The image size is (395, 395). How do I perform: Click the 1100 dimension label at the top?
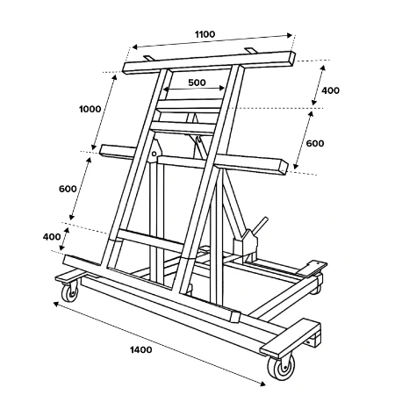click(x=205, y=34)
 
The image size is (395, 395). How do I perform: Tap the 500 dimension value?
click(x=197, y=83)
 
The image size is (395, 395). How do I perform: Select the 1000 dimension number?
click(x=90, y=109)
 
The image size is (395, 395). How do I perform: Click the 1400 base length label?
click(x=141, y=349)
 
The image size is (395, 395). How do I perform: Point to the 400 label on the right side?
click(x=331, y=90)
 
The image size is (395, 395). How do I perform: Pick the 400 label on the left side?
click(x=52, y=237)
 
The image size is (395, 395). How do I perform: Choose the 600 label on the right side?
click(x=315, y=143)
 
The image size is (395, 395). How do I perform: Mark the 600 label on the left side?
click(x=68, y=189)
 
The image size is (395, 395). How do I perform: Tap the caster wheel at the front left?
click(x=70, y=293)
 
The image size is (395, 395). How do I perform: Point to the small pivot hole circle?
click(x=154, y=154)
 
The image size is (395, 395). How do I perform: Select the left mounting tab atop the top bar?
click(x=148, y=58)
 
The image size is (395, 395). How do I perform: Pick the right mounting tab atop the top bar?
click(x=251, y=50)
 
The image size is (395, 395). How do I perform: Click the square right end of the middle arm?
click(x=284, y=168)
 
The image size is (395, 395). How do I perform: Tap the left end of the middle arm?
click(x=103, y=150)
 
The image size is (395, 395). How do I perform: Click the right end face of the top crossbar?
click(x=291, y=59)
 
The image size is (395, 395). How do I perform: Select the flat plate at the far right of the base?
click(x=312, y=268)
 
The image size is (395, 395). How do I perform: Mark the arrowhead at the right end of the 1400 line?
click(x=263, y=384)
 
